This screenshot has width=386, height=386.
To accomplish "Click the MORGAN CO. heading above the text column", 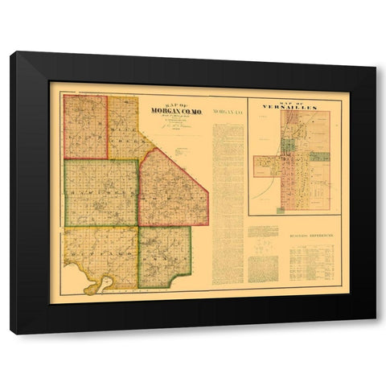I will pyautogui.click(x=227, y=110).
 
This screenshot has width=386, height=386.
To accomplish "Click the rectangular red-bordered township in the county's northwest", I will pyautogui.click(x=85, y=127).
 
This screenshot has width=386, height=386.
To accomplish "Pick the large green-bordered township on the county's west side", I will pyautogui.click(x=101, y=192).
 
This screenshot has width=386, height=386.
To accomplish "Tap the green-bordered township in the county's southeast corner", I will pyautogui.click(x=164, y=255).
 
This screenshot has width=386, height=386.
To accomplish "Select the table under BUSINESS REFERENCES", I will pyautogui.click(x=313, y=264).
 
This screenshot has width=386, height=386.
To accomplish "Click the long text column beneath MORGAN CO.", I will pyautogui.click(x=227, y=201).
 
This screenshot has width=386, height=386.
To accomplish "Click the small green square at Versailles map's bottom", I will pyautogui.click(x=281, y=211).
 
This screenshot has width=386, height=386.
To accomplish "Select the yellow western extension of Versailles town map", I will pyautogui.click(x=266, y=166).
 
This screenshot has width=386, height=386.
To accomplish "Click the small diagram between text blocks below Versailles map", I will pyautogui.click(x=262, y=251).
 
